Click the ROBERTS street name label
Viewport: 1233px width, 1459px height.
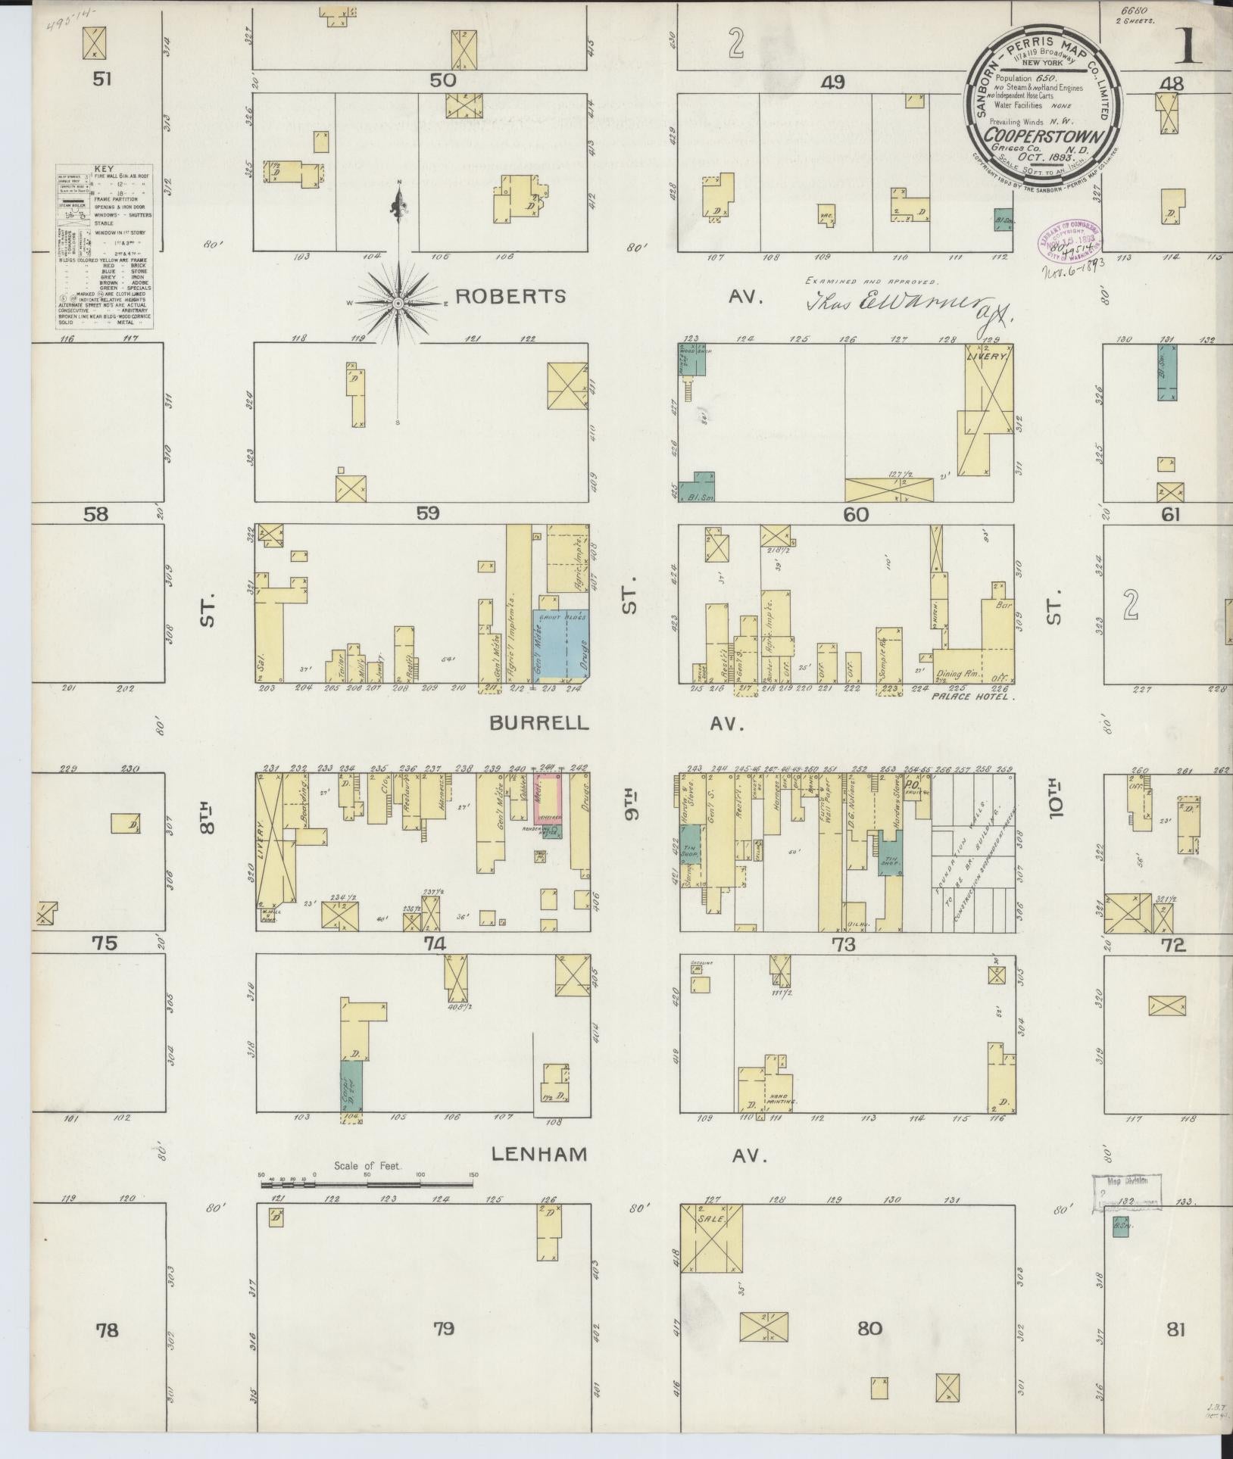click(512, 296)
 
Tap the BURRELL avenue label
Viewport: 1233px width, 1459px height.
click(538, 722)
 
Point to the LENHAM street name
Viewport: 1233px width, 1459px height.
click(538, 1176)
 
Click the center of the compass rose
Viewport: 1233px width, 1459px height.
click(398, 303)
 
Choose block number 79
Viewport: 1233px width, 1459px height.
click(444, 1348)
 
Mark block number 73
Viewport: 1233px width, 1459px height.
click(843, 944)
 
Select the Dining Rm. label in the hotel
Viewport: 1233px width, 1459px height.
click(958, 673)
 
